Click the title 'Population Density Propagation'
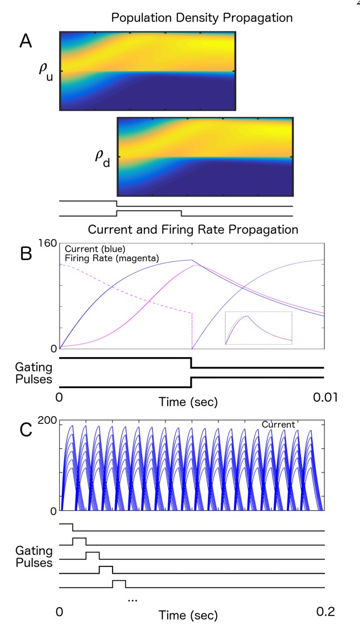[202, 17]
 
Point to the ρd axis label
[103, 160]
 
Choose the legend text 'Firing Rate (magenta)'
[108, 258]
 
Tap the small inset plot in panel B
[259, 329]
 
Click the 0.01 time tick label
[324, 398]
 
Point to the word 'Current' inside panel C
[278, 425]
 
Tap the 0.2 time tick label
[325, 611]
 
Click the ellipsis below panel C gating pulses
[133, 599]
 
